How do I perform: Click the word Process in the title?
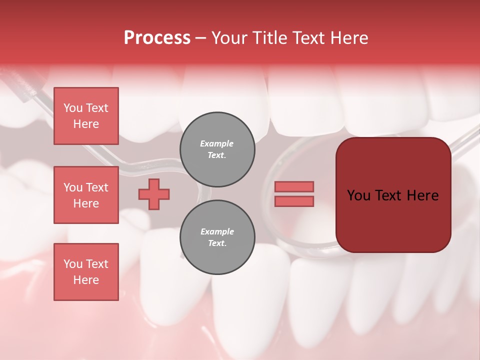pos(157,38)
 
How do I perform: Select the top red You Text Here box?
pos(86,116)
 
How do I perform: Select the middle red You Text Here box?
pos(86,195)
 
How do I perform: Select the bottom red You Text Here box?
pos(86,272)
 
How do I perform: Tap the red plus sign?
pos(154,194)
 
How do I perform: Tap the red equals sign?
pos(294,194)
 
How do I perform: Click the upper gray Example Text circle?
pos(217,149)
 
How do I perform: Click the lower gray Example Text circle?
pos(217,237)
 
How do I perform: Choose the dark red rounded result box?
pos(393,195)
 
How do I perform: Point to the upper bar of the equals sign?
pos(294,187)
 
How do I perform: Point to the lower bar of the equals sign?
pos(294,201)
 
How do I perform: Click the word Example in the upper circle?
pos(217,143)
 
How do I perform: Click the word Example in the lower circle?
pos(217,231)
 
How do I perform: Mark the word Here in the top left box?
pos(86,124)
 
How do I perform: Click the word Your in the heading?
pos(229,38)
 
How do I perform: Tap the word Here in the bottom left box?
pos(86,280)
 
